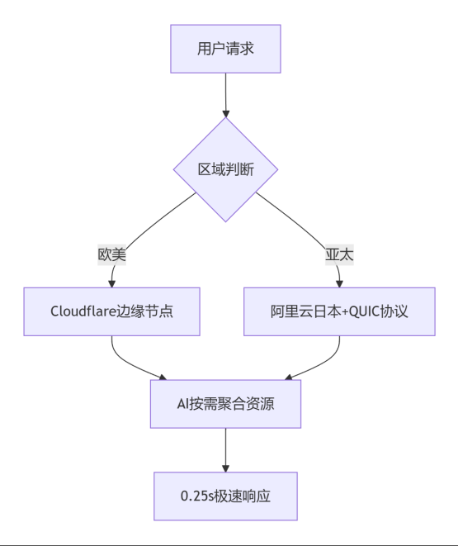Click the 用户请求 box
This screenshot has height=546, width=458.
pos(225,49)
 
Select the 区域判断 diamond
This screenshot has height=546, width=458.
pos(225,169)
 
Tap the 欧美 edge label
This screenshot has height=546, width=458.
pos(111,254)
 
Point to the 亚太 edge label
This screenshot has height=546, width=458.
pos(339,254)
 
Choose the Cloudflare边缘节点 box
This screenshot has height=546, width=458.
pos(111,311)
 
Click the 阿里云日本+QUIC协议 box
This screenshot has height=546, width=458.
pos(339,311)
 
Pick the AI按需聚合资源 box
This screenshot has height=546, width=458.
pos(225,404)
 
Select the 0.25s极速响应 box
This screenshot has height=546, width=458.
pos(225,496)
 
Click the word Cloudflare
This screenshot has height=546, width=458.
pos(83,311)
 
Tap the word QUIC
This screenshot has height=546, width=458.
pos(364,311)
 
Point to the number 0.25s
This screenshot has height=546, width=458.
pos(197,496)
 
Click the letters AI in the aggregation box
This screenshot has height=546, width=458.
pos(182,404)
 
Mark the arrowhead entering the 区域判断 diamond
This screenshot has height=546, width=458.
pos(225,114)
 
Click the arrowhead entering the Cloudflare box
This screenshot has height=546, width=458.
pos(111,284)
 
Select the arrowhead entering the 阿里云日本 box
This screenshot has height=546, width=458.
pos(339,284)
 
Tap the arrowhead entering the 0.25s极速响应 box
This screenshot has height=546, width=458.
pos(225,468)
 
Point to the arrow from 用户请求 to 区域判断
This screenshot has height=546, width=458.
pos(225,95)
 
